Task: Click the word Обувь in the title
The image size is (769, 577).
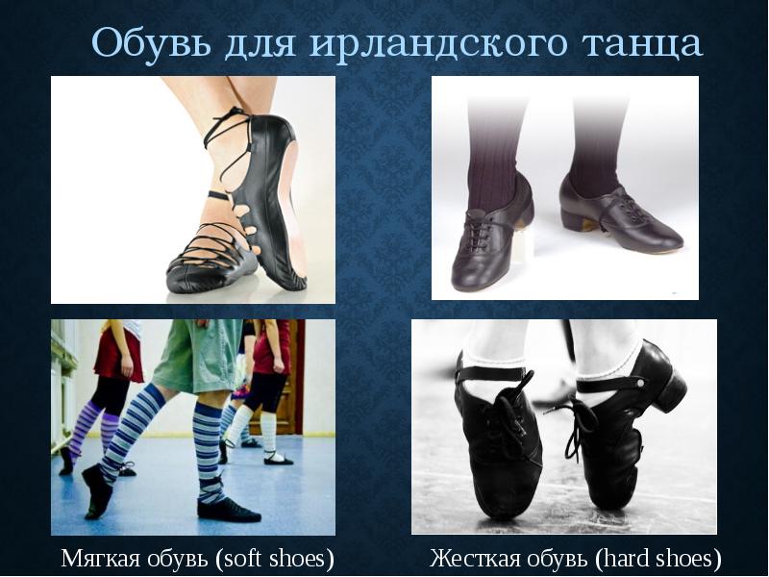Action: [144, 43]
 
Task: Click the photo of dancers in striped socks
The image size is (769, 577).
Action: [193, 427]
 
